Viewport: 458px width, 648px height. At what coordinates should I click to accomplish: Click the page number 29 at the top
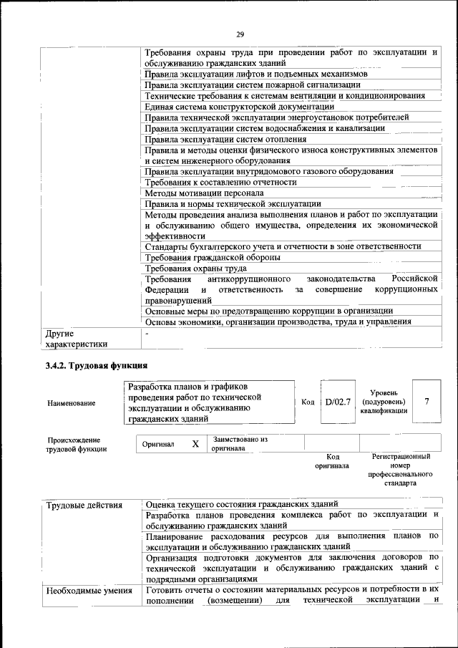click(x=240, y=33)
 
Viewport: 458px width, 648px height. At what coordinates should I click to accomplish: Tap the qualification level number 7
click(x=427, y=402)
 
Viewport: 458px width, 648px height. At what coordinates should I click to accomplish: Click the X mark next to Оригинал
click(x=195, y=444)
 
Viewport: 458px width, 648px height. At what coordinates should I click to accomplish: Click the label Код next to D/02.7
click(x=308, y=402)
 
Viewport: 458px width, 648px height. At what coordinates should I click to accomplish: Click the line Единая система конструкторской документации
click(x=239, y=107)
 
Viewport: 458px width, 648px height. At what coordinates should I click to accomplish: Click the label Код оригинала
click(x=332, y=461)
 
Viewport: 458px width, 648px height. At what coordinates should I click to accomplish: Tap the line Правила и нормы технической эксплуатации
click(x=233, y=204)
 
